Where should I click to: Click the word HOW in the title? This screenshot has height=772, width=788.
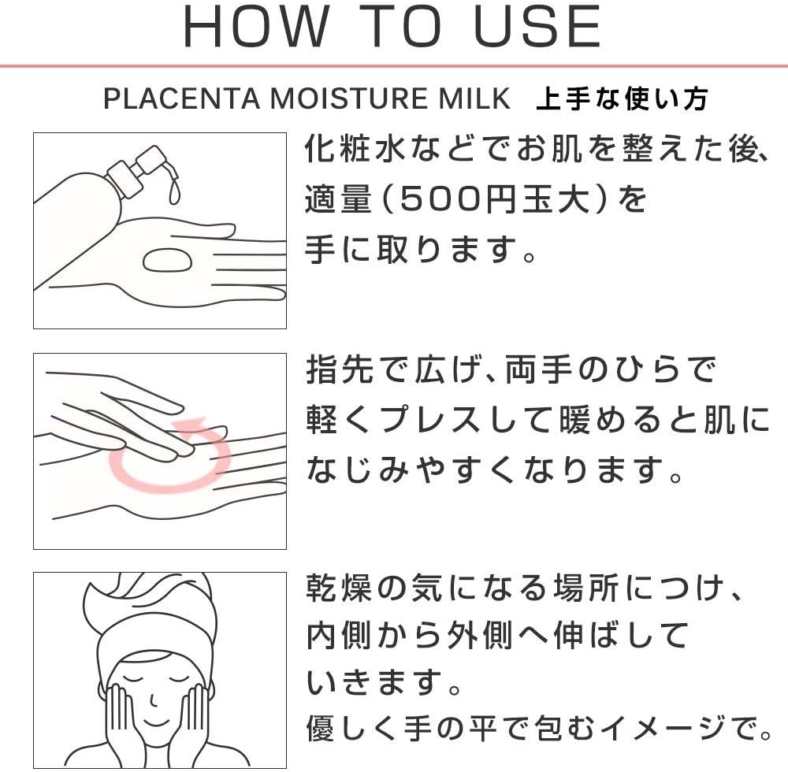(x=255, y=27)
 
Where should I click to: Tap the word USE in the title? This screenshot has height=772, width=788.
(x=537, y=27)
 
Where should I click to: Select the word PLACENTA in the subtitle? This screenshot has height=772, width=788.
(x=181, y=98)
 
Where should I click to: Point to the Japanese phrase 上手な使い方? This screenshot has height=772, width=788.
(x=623, y=98)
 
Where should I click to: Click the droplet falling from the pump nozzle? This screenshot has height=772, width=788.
(x=174, y=192)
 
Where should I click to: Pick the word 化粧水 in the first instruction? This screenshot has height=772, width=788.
(x=355, y=149)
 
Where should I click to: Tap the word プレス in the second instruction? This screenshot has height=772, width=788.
(x=430, y=420)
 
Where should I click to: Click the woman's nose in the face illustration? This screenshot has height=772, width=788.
(x=154, y=700)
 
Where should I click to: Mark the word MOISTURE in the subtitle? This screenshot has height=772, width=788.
(x=349, y=98)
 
